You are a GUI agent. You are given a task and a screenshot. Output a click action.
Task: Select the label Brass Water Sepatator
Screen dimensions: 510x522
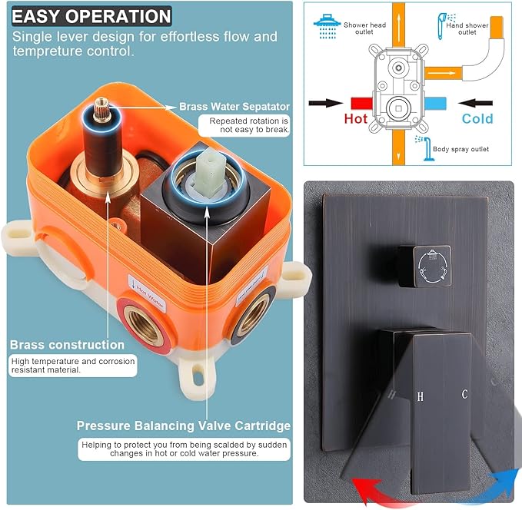click(234, 107)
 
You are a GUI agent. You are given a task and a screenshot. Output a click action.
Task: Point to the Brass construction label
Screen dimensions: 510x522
click(67, 345)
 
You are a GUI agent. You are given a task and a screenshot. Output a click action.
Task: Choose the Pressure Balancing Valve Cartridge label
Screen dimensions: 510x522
click(183, 426)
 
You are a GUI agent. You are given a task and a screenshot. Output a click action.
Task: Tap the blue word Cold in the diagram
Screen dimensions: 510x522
click(477, 119)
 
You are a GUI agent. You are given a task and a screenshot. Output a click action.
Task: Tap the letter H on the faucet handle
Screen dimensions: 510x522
click(420, 397)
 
